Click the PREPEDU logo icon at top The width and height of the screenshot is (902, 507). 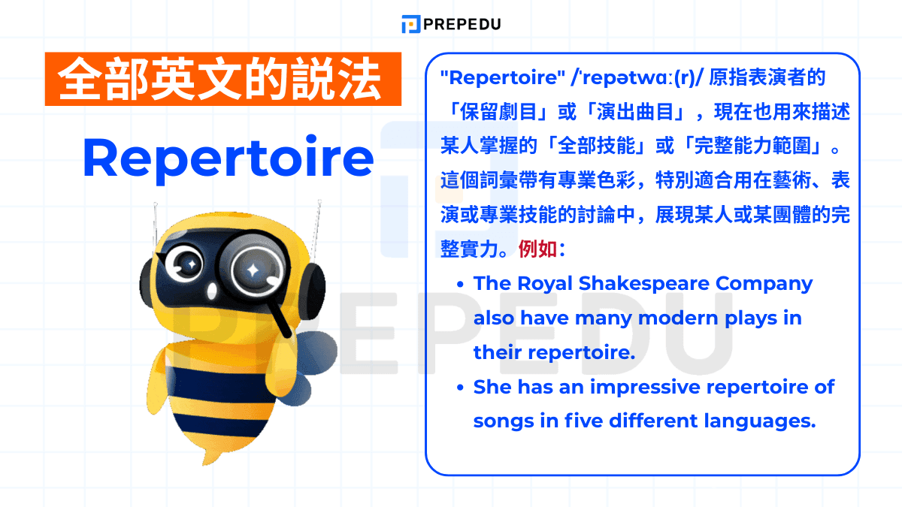tap(410, 24)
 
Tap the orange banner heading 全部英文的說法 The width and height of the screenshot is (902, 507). tap(223, 79)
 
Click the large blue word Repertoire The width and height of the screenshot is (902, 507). tap(229, 158)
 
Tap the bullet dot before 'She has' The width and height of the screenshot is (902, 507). tap(460, 388)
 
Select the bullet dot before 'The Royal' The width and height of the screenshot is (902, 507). tap(460, 284)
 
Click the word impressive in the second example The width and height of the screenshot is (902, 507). tap(641, 388)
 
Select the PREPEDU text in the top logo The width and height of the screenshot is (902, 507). tap(461, 24)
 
